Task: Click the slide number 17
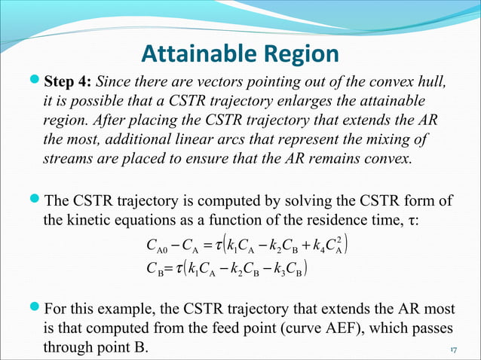pos(454,350)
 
